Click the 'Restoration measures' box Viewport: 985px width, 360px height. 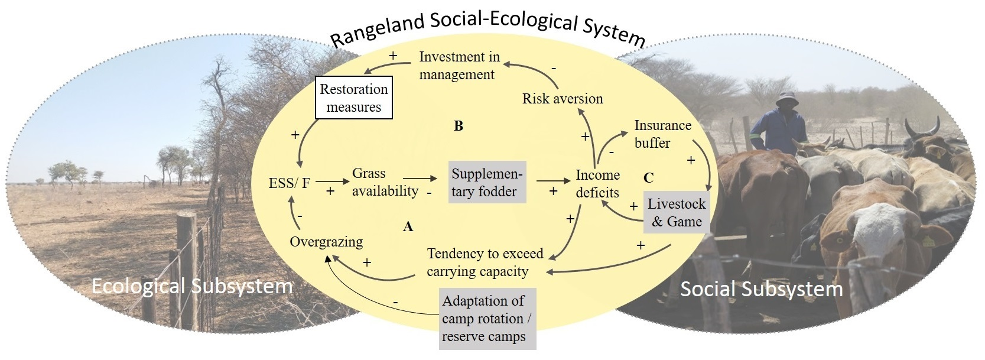pyautogui.click(x=353, y=98)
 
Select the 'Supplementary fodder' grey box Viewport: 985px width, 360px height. pyautogui.click(x=487, y=183)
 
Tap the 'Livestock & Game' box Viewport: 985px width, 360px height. pyautogui.click(x=676, y=213)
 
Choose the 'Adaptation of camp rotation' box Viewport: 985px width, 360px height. pyautogui.click(x=487, y=319)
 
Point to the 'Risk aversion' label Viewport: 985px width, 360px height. pyautogui.click(x=563, y=99)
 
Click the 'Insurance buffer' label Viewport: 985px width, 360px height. pyautogui.click(x=662, y=134)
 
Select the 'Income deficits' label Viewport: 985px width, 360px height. pyautogui.click(x=597, y=184)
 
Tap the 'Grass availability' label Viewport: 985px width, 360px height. pyautogui.click(x=385, y=182)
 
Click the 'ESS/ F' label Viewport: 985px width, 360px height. pyautogui.click(x=289, y=183)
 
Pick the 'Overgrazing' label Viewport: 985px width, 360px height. pyautogui.click(x=326, y=242)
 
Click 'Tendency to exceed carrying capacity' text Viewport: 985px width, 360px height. pyautogui.click(x=485, y=262)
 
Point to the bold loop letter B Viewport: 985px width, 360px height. pyautogui.click(x=458, y=126)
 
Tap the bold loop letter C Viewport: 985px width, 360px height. pyautogui.click(x=649, y=177)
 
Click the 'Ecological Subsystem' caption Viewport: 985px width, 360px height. pyautogui.click(x=192, y=287)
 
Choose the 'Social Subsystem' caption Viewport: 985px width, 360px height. pyautogui.click(x=761, y=289)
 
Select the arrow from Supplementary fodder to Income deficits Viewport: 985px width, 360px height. pyautogui.click(x=550, y=181)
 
